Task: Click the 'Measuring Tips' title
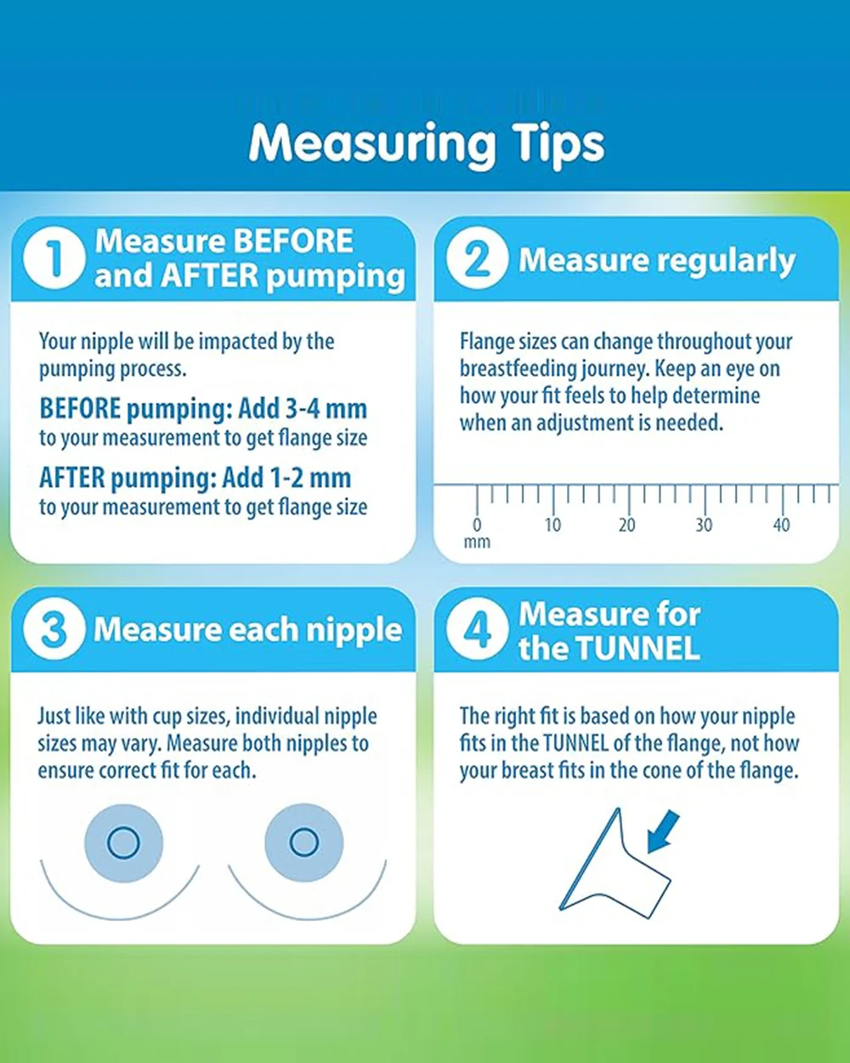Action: (426, 145)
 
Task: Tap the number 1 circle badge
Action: (54, 258)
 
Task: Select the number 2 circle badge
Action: (477, 258)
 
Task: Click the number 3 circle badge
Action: (54, 628)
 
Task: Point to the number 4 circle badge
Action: (477, 628)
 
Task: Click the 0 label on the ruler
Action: (477, 525)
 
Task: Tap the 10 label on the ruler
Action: (552, 525)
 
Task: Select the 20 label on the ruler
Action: (627, 525)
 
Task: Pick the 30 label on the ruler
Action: (704, 525)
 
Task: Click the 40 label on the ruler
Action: (781, 525)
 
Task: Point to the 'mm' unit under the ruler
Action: (477, 543)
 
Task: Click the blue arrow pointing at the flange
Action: (663, 832)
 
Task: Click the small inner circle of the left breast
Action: (123, 843)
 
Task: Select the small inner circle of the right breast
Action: (303, 842)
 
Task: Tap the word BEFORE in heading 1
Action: (293, 241)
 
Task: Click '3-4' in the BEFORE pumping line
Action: (303, 409)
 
